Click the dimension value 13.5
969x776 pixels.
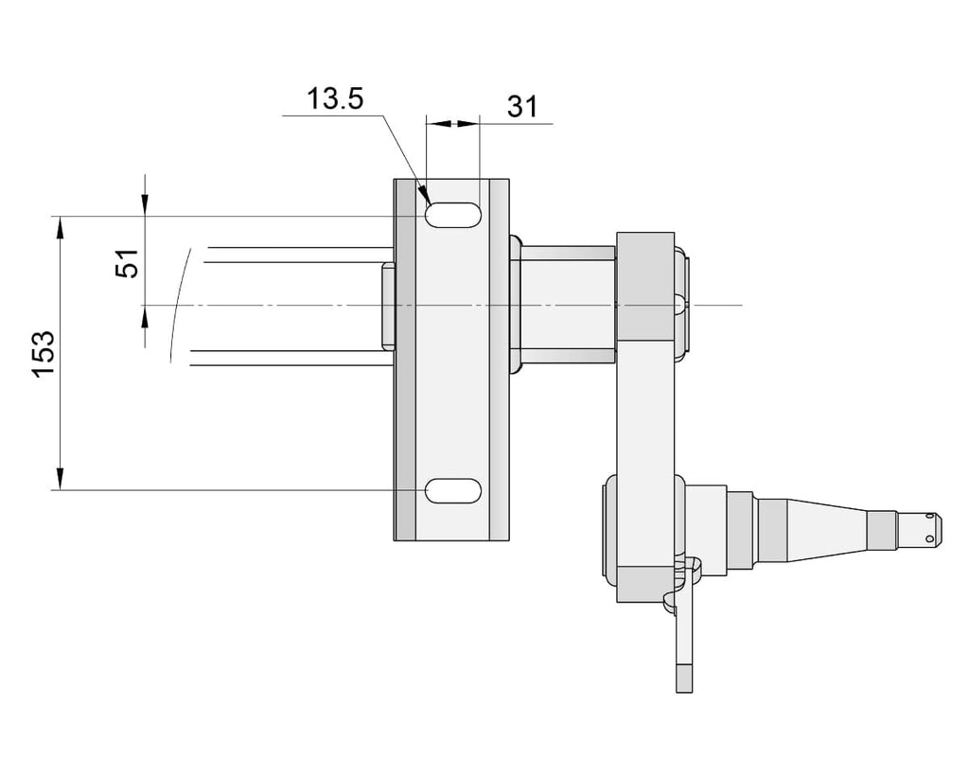click(x=336, y=98)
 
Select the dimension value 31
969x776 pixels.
click(x=522, y=107)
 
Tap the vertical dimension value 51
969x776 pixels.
click(x=127, y=263)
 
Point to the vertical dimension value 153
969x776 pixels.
click(x=44, y=354)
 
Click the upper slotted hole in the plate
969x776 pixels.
click(x=453, y=216)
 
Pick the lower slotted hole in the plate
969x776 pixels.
click(x=453, y=490)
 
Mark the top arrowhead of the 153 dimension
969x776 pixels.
click(x=60, y=227)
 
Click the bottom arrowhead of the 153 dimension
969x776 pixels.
click(x=60, y=479)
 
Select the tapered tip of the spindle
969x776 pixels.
click(x=919, y=530)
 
